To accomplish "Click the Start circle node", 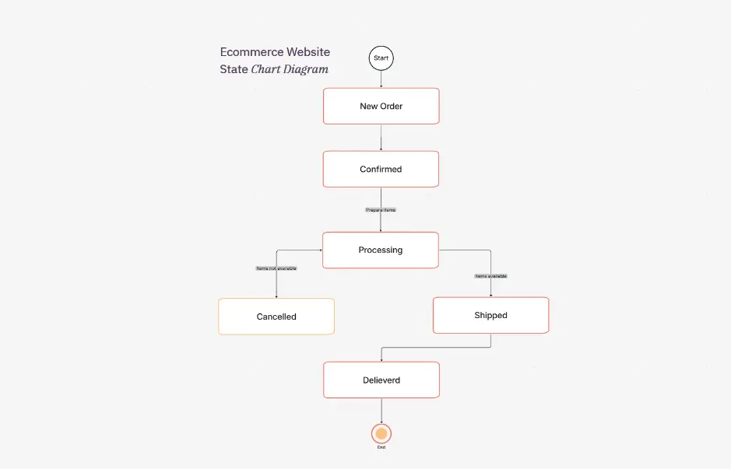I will point(381,58).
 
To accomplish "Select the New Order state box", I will point(381,106).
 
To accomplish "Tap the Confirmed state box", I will point(381,169).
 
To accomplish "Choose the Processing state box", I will point(381,250).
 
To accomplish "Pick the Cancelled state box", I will point(276,317).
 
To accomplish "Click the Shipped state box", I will point(490,315).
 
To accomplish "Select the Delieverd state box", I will point(381,380).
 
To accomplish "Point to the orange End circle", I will point(381,433).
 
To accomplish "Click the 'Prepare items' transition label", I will point(381,210).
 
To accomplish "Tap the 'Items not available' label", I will point(276,268).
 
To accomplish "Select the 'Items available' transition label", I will point(491,276).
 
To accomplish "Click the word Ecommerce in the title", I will point(251,52).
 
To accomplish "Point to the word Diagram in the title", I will point(305,69).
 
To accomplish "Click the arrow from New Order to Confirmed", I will point(381,138).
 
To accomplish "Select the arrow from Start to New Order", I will point(381,79).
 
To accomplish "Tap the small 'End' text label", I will point(381,448).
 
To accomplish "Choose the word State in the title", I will point(234,69).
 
